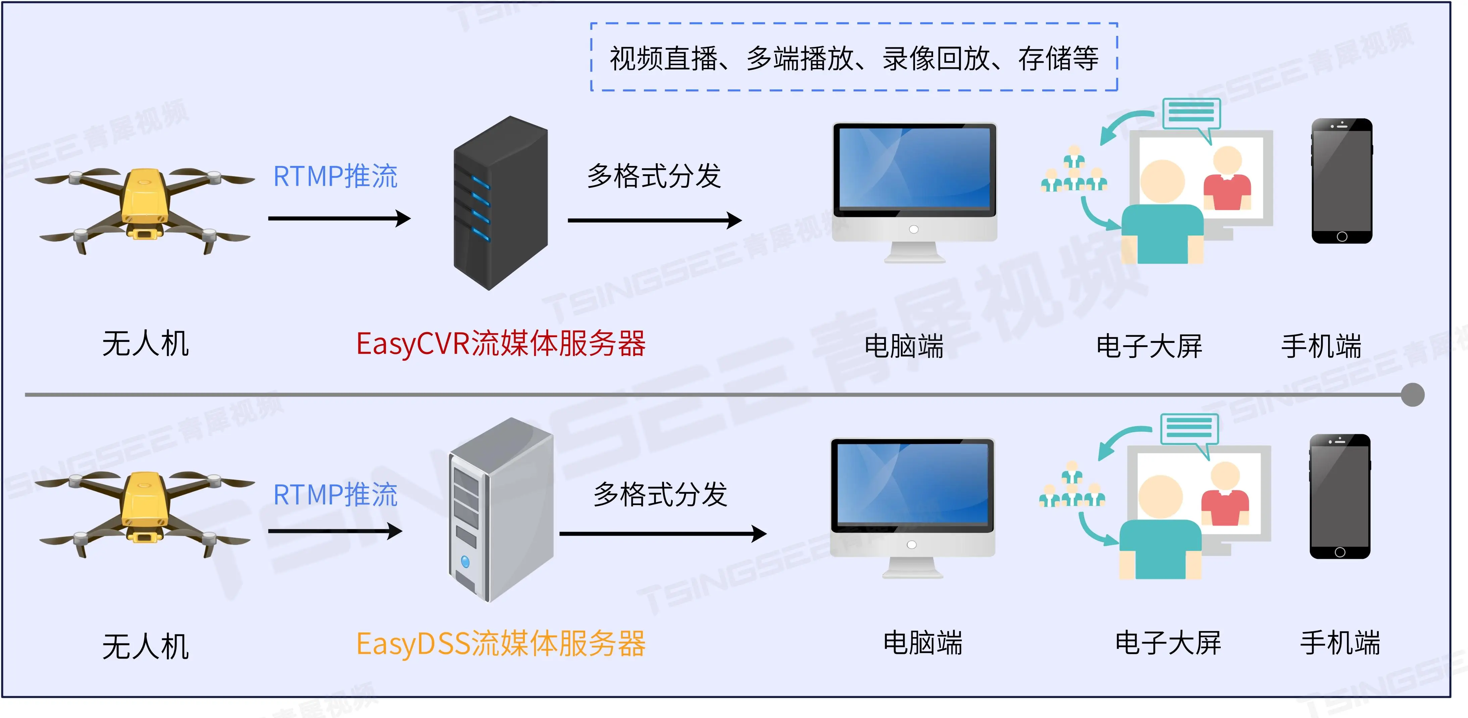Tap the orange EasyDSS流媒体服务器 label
point(500,644)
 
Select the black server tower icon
point(500,203)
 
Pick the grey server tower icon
point(500,509)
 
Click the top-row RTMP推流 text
point(335,176)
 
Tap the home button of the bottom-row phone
point(1340,552)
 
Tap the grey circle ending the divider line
point(1412,395)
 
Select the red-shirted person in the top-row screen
point(1227,180)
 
